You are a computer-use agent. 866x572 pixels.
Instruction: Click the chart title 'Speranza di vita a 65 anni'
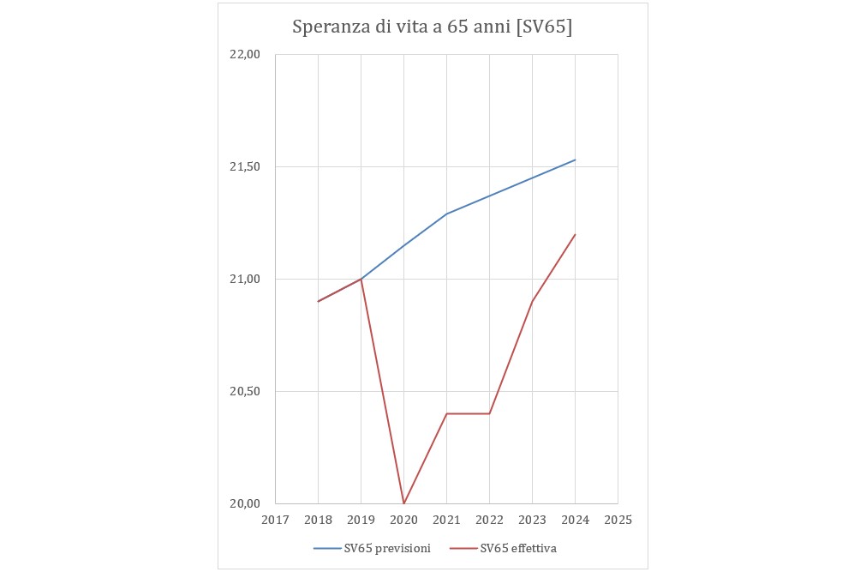432,27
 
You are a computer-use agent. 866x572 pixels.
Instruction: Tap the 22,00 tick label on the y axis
244,55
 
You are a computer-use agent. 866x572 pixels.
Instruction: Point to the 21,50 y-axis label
244,167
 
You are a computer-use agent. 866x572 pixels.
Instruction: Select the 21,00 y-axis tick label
244,280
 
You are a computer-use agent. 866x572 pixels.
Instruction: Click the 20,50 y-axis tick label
244,392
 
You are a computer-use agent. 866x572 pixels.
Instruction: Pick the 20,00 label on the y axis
244,504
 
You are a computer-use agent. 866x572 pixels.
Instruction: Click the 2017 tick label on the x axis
275,520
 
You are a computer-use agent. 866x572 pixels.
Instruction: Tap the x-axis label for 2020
403,520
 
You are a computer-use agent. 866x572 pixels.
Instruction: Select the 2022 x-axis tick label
489,520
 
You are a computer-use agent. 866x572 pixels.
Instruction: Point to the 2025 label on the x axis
618,520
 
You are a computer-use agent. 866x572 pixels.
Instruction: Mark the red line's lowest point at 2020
403,503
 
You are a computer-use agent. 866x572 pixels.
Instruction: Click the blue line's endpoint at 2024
575,160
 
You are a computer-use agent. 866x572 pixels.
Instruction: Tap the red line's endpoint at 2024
575,234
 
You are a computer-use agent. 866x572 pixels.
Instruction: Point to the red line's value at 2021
446,413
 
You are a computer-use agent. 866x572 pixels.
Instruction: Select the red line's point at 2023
532,301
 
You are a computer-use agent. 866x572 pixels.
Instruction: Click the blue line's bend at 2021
446,214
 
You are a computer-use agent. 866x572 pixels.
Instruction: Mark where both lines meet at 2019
361,279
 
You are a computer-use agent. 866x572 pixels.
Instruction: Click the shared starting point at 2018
318,301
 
